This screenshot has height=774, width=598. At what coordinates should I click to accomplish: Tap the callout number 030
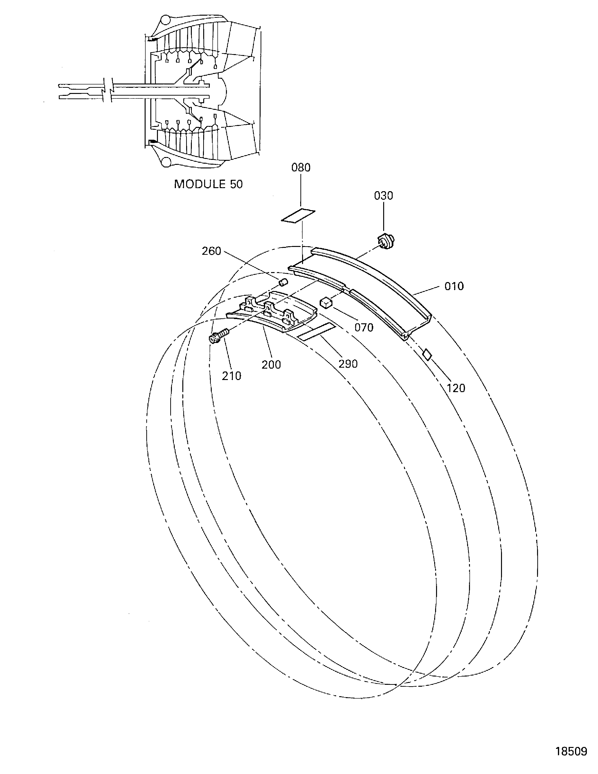(x=384, y=196)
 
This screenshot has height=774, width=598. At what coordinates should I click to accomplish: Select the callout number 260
(x=212, y=251)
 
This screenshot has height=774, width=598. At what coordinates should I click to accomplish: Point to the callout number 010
(x=454, y=286)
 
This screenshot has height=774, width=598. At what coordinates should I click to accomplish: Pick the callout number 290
(x=348, y=364)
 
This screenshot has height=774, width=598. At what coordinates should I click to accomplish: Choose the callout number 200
(x=271, y=365)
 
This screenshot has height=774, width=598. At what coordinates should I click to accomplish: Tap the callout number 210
(x=232, y=376)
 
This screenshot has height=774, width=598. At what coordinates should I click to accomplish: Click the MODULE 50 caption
(x=208, y=184)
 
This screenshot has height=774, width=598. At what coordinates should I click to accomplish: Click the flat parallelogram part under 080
(x=298, y=215)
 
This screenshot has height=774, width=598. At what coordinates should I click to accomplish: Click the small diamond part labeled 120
(x=428, y=354)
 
